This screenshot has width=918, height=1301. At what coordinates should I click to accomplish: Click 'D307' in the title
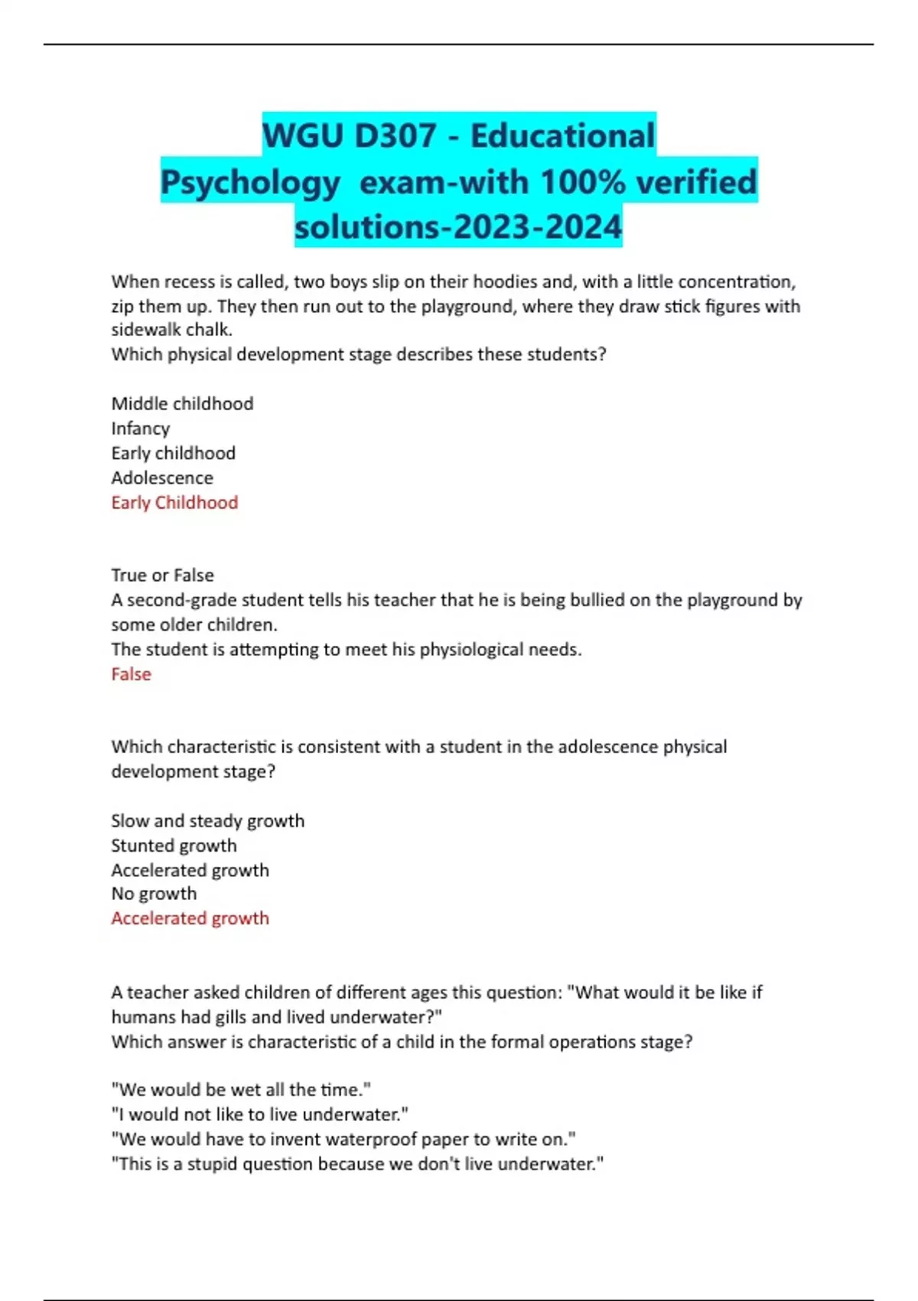click(x=395, y=136)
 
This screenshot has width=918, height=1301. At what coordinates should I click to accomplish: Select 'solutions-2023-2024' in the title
click(x=458, y=227)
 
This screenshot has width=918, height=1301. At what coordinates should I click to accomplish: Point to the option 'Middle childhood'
click(x=182, y=403)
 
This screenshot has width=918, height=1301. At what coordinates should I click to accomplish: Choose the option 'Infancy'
click(x=141, y=429)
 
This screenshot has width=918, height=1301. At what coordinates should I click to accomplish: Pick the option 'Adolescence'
click(x=162, y=478)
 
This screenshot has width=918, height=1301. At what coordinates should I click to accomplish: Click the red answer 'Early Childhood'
click(x=174, y=503)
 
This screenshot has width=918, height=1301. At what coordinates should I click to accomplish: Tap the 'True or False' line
click(x=162, y=575)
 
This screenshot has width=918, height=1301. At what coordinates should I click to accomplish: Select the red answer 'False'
click(x=131, y=674)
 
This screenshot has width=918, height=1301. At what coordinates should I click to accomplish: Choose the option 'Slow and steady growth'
click(x=207, y=821)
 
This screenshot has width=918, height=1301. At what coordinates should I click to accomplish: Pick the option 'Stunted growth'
click(x=174, y=846)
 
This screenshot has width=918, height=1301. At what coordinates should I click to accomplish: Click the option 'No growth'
click(x=154, y=894)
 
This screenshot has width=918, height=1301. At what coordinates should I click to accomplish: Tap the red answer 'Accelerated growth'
click(x=190, y=918)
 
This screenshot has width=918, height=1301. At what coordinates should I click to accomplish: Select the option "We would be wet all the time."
click(x=241, y=1090)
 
